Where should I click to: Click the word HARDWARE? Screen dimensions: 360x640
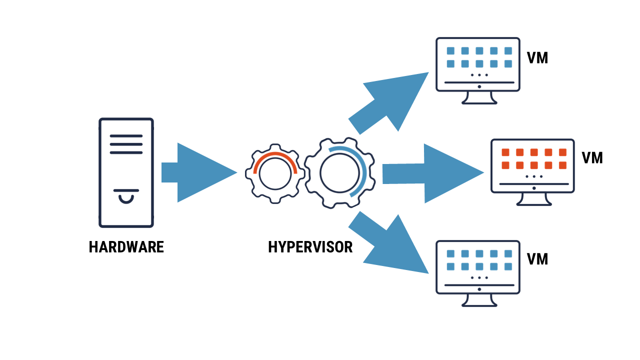pyautogui.click(x=126, y=247)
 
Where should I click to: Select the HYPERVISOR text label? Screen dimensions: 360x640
pyautogui.click(x=310, y=247)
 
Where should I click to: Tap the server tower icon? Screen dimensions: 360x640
pyautogui.click(x=126, y=172)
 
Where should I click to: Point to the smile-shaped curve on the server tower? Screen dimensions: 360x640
pyautogui.click(x=126, y=199)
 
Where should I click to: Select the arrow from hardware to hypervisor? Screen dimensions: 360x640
pyautogui.click(x=200, y=172)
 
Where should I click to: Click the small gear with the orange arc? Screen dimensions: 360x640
pyautogui.click(x=274, y=173)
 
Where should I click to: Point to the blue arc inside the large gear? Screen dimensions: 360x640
pyautogui.click(x=364, y=170)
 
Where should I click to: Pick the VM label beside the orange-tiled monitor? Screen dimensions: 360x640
pyautogui.click(x=592, y=158)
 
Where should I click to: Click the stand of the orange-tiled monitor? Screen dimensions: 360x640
pyautogui.click(x=533, y=199)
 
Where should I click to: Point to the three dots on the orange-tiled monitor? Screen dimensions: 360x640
pyautogui.click(x=534, y=176)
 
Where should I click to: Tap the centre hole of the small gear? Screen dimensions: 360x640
pyautogui.click(x=274, y=175)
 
